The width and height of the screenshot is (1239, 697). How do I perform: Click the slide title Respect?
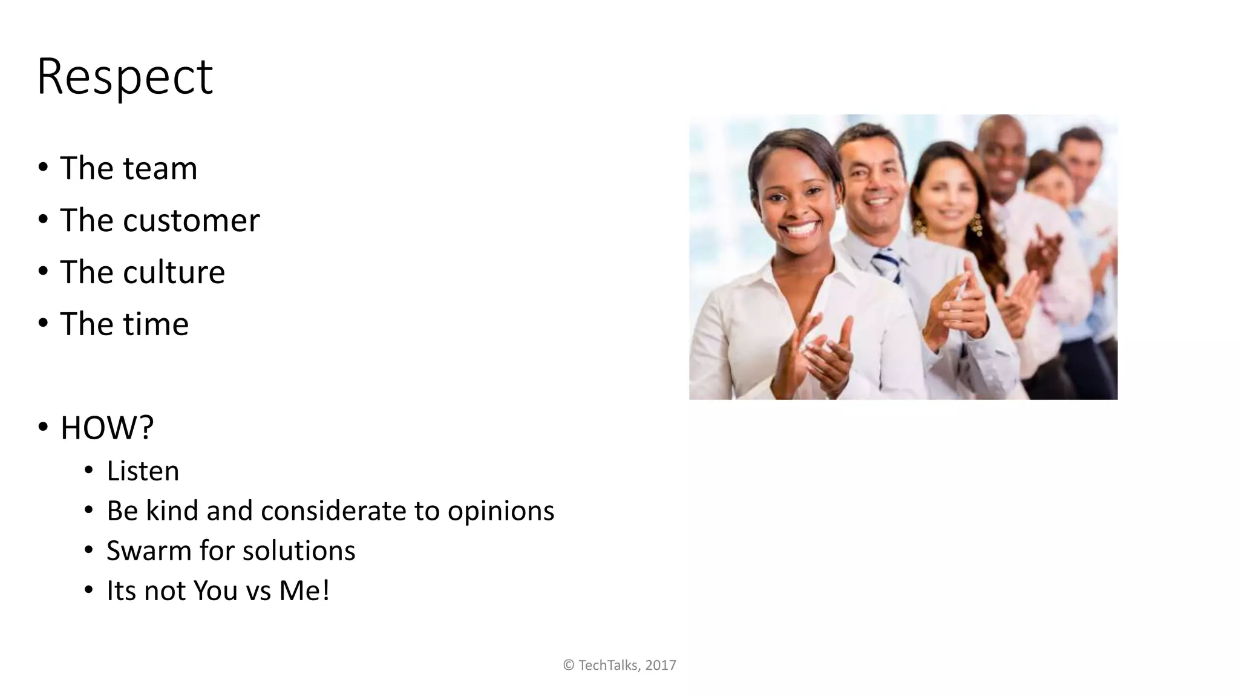coord(125,77)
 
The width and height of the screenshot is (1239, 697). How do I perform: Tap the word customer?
coord(191,220)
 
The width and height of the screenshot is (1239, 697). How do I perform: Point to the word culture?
coord(174,272)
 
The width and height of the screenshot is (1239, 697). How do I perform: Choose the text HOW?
coord(107,428)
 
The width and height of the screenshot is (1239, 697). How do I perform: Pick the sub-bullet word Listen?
coord(143,471)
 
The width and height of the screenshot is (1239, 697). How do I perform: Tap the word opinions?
coord(500,511)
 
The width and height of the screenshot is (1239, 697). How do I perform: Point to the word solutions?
coord(299,551)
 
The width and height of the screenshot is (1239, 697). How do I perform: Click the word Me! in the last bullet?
coord(304,591)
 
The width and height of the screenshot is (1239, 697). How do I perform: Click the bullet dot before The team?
coord(42,168)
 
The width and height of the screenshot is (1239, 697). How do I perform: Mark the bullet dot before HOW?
coord(42,427)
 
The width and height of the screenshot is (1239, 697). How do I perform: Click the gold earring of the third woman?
coord(976,225)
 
